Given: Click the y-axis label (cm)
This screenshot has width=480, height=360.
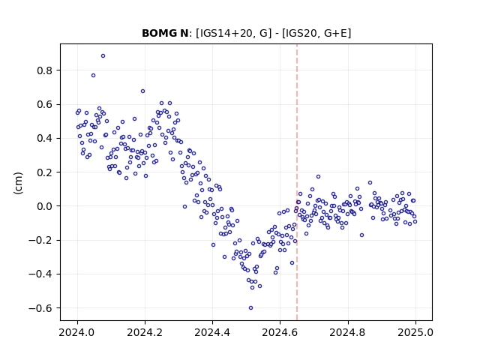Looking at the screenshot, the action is [x=18, y=183].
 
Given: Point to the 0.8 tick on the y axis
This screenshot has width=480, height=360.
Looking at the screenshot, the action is [x=45, y=70].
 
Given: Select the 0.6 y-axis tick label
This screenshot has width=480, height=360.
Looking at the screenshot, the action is [x=45, y=105].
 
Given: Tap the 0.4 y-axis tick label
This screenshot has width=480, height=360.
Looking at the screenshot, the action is [x=45, y=138].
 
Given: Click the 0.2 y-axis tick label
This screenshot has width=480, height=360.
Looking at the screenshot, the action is [x=45, y=172].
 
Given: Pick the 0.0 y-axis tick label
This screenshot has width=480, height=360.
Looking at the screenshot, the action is [x=45, y=206].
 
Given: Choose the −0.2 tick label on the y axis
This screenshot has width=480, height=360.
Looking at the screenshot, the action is [x=40, y=240].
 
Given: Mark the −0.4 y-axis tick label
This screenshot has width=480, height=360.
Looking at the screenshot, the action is [x=40, y=274].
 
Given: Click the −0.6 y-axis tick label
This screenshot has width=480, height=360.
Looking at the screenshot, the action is [x=40, y=308].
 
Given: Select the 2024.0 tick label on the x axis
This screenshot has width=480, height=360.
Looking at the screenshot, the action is [x=77, y=332].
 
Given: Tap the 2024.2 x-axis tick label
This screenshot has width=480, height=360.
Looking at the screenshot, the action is [x=145, y=332].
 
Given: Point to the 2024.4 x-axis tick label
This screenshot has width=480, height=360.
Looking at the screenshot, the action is [x=212, y=332].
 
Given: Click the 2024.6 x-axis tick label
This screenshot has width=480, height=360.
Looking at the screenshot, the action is [x=280, y=332].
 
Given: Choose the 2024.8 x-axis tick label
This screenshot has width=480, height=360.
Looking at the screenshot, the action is [x=347, y=332].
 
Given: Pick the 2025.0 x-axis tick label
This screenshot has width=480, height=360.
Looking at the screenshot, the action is [x=415, y=332].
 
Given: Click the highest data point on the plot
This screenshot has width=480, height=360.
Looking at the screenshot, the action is [x=103, y=56].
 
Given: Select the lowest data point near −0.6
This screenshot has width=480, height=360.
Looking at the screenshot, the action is [x=250, y=308].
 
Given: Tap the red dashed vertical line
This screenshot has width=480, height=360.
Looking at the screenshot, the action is [x=297, y=182].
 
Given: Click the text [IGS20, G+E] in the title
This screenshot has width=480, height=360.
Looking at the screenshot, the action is [x=316, y=33].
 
